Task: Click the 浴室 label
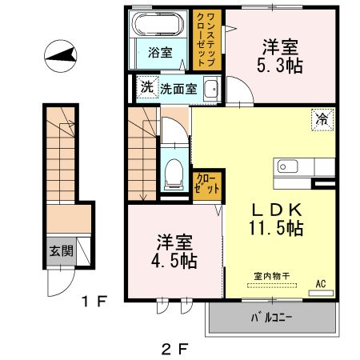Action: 160,54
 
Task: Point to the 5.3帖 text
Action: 283,66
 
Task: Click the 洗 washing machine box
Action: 146,87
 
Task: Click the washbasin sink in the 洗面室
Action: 211,90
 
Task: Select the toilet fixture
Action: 173,172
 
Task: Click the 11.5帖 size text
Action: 274,229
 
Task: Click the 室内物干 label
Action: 272,276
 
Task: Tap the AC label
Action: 320,283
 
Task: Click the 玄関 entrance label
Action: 60,250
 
